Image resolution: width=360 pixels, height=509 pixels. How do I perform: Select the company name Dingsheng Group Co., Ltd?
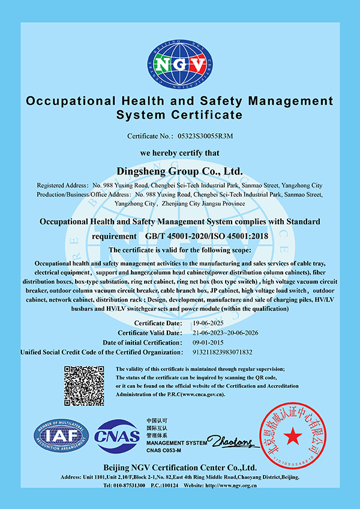[180, 171]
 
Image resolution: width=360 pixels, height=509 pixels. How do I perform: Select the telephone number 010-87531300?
[128, 485]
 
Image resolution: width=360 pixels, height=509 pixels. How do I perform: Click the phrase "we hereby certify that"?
[179, 153]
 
